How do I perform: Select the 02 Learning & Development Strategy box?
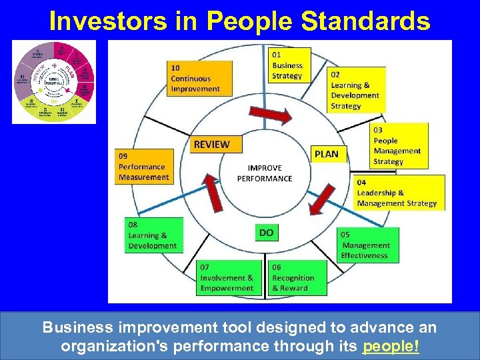click(x=355, y=90)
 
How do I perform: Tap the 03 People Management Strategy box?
click(x=399, y=145)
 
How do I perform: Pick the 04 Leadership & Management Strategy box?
click(x=399, y=193)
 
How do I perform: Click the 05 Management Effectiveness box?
click(x=369, y=245)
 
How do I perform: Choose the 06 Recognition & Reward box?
click(x=297, y=277)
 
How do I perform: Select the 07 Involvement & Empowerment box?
click(x=227, y=277)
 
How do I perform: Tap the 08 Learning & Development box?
click(x=153, y=235)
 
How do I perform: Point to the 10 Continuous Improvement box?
click(x=200, y=78)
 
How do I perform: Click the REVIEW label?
click(x=211, y=144)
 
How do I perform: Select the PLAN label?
click(x=327, y=154)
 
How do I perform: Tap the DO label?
click(x=266, y=233)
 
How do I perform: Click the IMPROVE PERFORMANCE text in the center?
click(x=265, y=173)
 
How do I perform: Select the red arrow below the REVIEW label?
click(x=213, y=193)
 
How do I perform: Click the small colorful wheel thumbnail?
click(x=54, y=82)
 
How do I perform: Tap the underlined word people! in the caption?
click(x=391, y=347)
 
